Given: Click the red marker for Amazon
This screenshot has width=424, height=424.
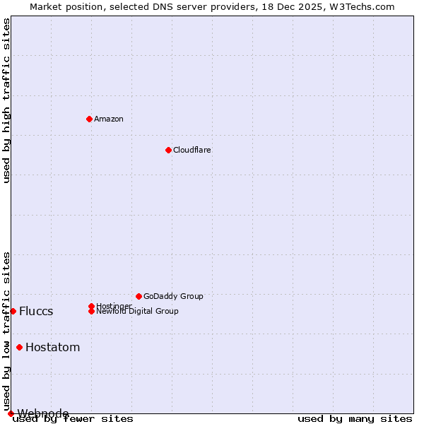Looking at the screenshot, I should pos(89,119).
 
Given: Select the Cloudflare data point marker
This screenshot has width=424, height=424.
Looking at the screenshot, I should pos(168,150).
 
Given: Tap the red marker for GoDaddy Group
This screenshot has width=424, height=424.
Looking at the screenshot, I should pos(139,296).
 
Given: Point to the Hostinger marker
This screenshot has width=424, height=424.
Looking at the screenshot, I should pos(91,306).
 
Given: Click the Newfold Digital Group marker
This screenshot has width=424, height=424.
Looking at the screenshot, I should pos(91,312).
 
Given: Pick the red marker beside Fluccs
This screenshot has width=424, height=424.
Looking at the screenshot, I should pos(13,311).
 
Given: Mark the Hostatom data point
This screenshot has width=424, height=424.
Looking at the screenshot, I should pos(19,347).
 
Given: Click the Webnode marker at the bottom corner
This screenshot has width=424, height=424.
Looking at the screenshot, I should pos(11,413).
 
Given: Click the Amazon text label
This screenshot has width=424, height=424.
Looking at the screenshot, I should pos(109,119).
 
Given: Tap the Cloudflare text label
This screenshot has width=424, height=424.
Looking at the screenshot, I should pos(192,150).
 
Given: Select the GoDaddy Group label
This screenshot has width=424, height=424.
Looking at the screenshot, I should pos(173,296).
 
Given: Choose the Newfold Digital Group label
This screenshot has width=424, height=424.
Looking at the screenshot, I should pos(137,312).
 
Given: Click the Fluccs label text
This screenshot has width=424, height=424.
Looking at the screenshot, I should pos(36,312).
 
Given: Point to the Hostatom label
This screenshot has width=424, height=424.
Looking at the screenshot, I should pos(52,347).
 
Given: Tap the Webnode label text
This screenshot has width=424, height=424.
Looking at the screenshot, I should pos(43,413).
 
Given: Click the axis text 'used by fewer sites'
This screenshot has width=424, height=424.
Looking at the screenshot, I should pos(73,419).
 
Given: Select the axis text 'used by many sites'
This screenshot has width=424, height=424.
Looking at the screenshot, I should pos(355,419).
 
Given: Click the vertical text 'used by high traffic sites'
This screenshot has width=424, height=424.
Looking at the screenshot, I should pos(7,100).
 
